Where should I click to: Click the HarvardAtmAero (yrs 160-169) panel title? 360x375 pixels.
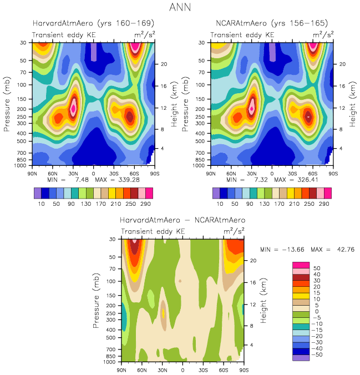coord(89,24)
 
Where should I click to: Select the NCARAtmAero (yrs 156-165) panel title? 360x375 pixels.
coord(271,24)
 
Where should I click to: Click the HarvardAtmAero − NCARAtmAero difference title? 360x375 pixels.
coord(182,220)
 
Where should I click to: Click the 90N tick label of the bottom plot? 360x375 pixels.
coord(121,369)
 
